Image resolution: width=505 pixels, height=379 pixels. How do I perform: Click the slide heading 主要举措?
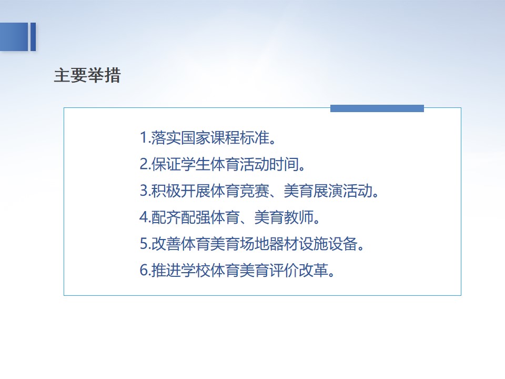point(87,75)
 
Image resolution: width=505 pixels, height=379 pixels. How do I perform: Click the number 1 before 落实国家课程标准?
point(143,137)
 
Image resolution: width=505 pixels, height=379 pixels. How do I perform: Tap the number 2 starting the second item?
point(143,164)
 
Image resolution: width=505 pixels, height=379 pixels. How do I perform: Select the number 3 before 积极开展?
point(143,191)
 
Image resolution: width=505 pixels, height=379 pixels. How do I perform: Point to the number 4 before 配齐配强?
point(143,217)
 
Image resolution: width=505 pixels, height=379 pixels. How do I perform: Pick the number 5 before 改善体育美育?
point(143,243)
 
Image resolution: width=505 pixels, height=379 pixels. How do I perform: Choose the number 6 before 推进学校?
point(143,270)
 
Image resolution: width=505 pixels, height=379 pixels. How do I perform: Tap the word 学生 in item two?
point(196,164)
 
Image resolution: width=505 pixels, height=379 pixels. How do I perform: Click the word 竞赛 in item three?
point(255,191)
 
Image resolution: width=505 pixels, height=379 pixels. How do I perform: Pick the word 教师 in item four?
point(299,217)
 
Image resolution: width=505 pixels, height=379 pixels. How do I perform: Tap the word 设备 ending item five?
point(344,243)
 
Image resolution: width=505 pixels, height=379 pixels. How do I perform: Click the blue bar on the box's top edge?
point(377,108)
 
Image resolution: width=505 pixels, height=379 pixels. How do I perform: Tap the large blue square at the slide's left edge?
point(14,37)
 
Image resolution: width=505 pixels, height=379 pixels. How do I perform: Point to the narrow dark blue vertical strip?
point(33,37)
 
